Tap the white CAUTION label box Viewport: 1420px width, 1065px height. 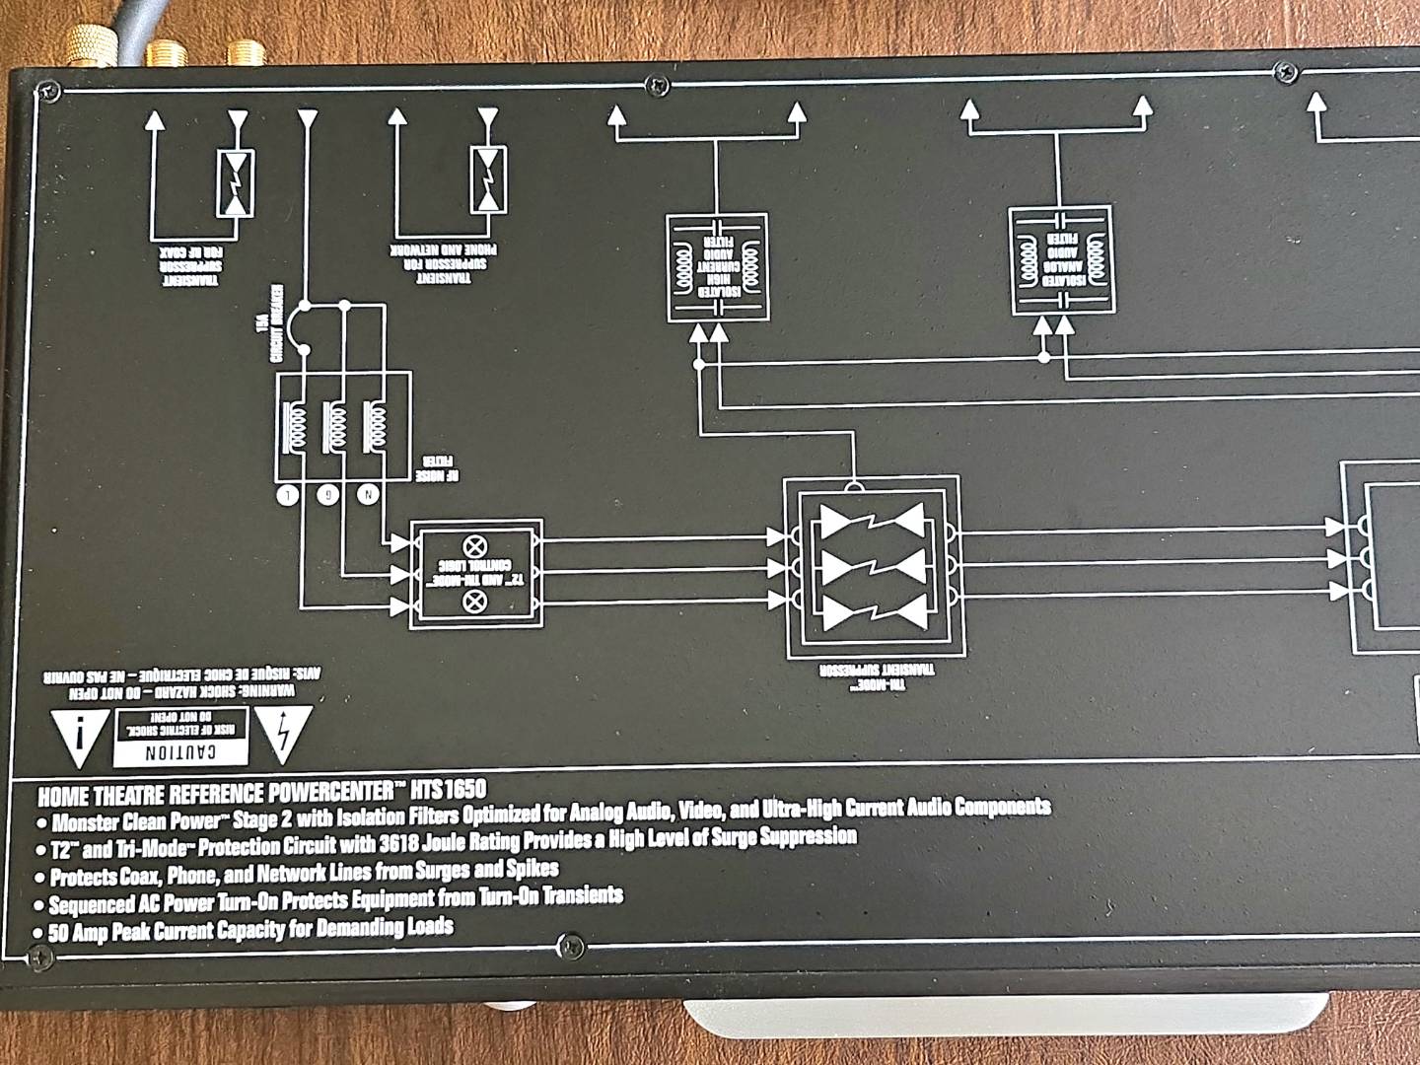point(180,738)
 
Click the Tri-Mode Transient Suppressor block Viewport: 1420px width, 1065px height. point(872,568)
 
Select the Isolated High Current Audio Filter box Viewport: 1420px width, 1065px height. point(717,267)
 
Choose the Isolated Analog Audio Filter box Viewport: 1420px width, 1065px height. point(1062,260)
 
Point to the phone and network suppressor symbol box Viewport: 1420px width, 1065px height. point(487,179)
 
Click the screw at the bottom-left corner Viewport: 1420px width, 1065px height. point(39,956)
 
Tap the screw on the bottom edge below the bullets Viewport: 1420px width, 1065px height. point(569,944)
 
